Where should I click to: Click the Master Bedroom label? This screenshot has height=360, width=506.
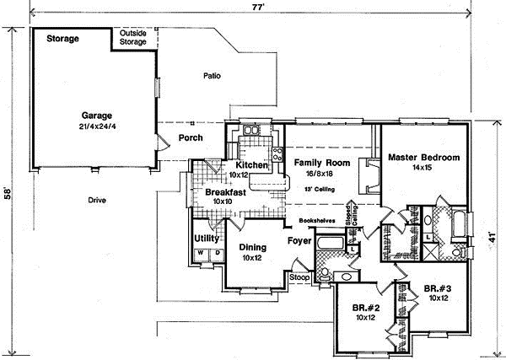[x=423, y=158]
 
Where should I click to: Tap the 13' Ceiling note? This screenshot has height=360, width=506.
[x=320, y=190]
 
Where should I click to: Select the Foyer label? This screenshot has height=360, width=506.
[x=299, y=240]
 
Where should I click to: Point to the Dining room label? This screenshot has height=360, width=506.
[x=252, y=247]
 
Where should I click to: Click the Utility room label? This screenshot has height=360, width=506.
[x=207, y=239]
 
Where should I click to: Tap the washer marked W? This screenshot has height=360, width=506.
[x=202, y=253]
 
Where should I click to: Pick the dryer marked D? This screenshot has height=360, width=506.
[x=216, y=253]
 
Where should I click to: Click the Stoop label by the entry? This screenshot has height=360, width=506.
[x=299, y=277]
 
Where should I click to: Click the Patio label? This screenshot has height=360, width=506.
[x=212, y=76]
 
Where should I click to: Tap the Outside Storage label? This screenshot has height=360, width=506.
[x=132, y=38]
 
